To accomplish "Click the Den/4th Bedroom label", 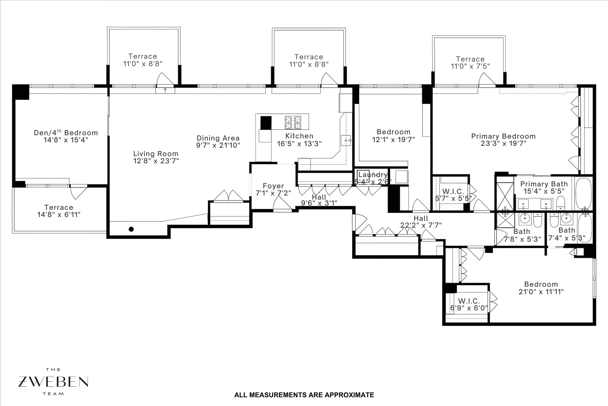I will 66,133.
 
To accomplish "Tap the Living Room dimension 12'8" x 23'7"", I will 156,161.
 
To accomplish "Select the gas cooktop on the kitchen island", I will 293,122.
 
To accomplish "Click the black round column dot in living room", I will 131,229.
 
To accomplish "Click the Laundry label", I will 373,175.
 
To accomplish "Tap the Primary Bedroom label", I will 503,136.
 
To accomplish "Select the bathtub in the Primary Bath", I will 583,193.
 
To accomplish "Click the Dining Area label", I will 218,138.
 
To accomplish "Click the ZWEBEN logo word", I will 53,382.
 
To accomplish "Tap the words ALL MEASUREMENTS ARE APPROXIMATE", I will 304,395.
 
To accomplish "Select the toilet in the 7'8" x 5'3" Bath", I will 537,221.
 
